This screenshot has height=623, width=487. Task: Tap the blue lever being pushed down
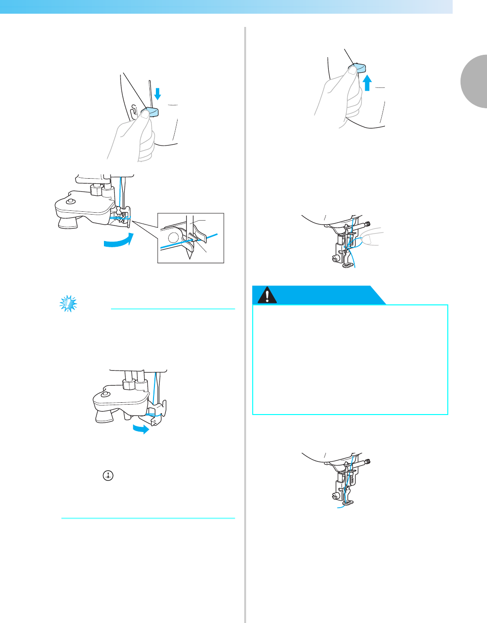tap(153, 112)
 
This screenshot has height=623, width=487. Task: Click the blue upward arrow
tap(367, 83)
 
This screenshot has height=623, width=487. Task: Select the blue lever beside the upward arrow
tap(359, 68)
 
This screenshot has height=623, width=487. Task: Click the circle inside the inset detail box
tap(173, 236)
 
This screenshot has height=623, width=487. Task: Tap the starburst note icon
tap(68, 303)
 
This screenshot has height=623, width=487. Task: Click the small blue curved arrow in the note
tap(141, 428)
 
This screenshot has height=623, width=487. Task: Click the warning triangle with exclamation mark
tap(267, 295)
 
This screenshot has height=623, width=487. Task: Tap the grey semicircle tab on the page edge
tap(475, 81)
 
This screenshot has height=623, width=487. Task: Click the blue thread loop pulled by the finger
tap(359, 242)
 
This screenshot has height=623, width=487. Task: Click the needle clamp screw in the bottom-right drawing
tap(367, 462)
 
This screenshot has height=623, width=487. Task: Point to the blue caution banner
tap(319, 295)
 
